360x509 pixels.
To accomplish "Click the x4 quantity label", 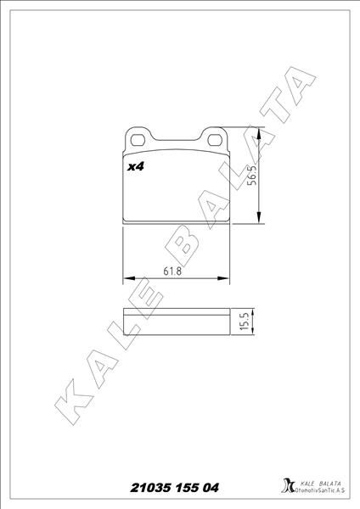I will pos(135,167).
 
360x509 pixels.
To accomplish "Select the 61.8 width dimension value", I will pos(173,271).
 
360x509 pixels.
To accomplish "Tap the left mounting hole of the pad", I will pos(138,137).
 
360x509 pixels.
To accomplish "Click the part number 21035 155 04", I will pos(175,487).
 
